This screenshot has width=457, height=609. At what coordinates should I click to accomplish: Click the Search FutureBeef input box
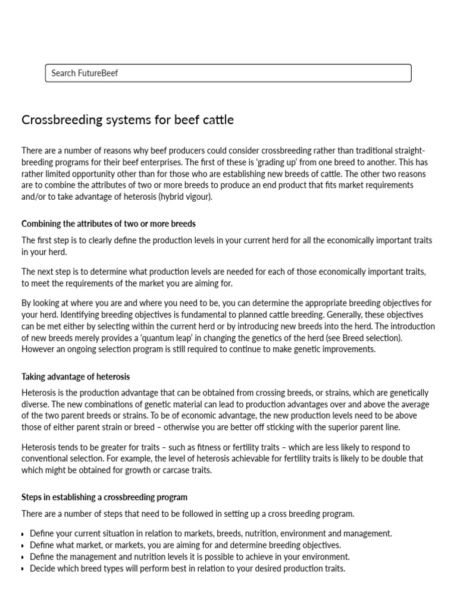point(228,73)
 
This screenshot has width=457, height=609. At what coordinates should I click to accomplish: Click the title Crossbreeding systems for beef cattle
point(127,120)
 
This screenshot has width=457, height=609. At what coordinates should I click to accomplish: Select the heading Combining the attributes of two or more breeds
point(108,224)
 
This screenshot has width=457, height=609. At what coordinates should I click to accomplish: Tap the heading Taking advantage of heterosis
point(76,376)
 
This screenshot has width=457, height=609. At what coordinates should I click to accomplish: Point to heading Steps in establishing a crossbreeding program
point(104,497)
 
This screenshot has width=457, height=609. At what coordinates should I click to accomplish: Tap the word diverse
point(35,404)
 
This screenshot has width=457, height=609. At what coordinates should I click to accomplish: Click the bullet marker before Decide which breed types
point(23,569)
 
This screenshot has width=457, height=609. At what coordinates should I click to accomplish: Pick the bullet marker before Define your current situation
point(23,534)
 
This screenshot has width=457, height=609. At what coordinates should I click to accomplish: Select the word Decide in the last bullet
point(42,569)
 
